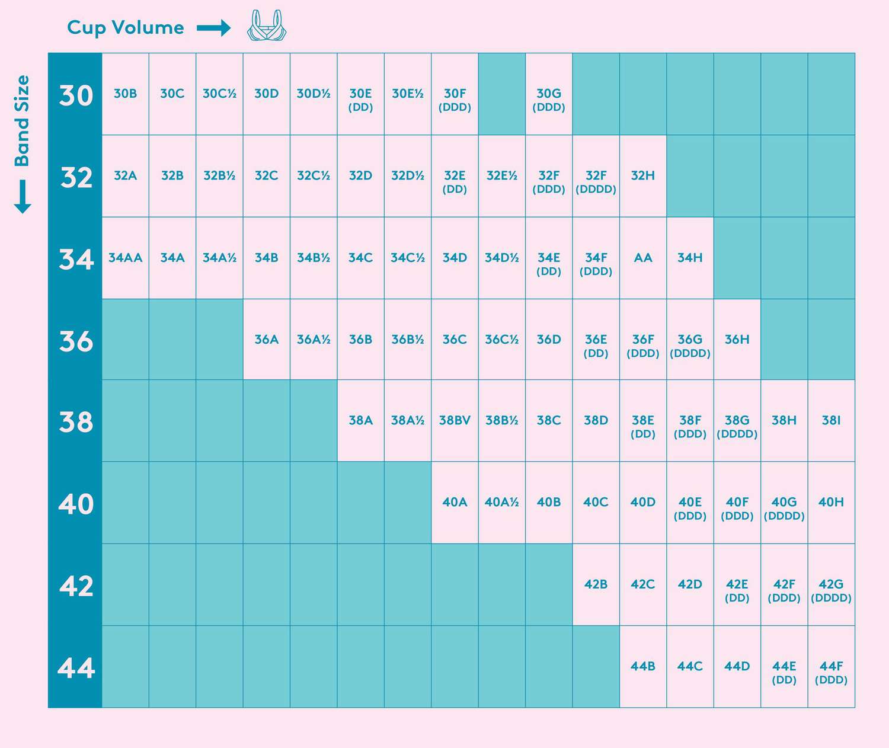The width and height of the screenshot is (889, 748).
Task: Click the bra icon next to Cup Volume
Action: click(266, 25)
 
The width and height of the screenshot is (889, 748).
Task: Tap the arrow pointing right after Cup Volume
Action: click(213, 27)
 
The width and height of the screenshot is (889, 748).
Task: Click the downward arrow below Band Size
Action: click(23, 197)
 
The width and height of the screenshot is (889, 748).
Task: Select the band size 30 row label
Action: click(76, 95)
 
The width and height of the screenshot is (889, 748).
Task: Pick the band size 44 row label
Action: click(76, 668)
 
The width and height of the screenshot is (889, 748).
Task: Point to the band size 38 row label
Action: click(76, 421)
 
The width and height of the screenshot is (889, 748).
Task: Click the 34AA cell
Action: click(125, 258)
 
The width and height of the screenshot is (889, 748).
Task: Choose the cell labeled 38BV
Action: click(455, 421)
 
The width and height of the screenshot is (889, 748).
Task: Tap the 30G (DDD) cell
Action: click(549, 100)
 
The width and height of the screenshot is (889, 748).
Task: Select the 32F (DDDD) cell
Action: click(596, 181)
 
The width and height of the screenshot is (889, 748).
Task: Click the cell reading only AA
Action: click(643, 258)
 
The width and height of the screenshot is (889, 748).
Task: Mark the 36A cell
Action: click(266, 340)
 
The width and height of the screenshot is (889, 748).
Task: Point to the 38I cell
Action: click(831, 421)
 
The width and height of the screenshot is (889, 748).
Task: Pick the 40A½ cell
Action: click(501, 503)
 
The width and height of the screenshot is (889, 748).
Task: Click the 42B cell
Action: click(596, 584)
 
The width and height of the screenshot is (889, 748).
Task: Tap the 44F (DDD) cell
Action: click(831, 672)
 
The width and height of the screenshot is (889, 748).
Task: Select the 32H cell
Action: click(643, 176)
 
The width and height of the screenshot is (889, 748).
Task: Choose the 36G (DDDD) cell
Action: click(690, 346)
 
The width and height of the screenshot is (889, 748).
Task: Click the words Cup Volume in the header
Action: click(126, 27)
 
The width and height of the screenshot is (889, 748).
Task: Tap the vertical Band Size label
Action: click(23, 121)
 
